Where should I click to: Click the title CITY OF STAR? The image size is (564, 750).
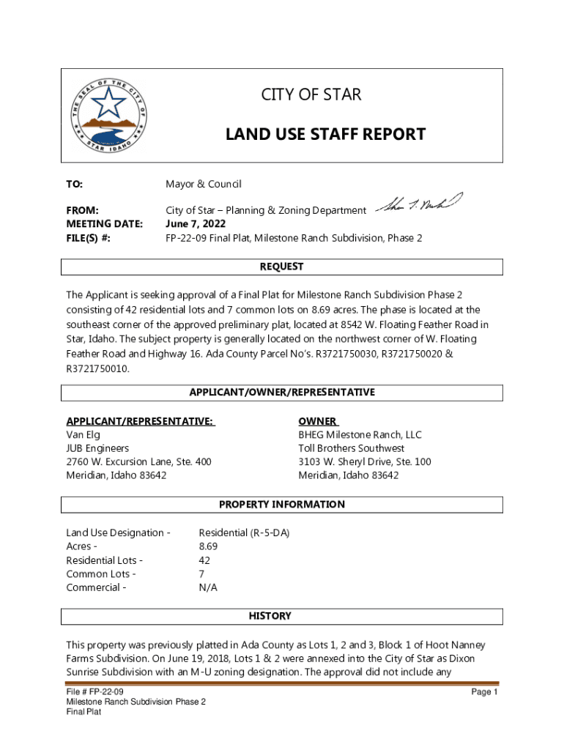click(311, 95)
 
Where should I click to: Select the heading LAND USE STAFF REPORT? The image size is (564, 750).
click(324, 134)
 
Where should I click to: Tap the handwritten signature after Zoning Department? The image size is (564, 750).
click(419, 205)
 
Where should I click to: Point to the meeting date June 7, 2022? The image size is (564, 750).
click(196, 224)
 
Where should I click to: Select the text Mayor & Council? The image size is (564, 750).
click(203, 184)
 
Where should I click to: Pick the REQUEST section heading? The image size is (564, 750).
click(282, 267)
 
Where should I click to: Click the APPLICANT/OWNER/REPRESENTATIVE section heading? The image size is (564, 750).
click(282, 393)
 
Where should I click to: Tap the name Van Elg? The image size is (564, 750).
click(83, 434)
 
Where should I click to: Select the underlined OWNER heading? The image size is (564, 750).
click(318, 421)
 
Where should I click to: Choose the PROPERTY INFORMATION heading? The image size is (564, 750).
click(282, 505)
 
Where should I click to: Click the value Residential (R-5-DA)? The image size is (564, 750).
click(244, 532)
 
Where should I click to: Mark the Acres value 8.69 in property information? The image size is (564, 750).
click(208, 546)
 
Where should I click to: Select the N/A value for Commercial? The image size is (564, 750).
click(208, 587)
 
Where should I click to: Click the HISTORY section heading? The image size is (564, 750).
click(270, 616)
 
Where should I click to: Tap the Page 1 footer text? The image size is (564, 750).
click(484, 692)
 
